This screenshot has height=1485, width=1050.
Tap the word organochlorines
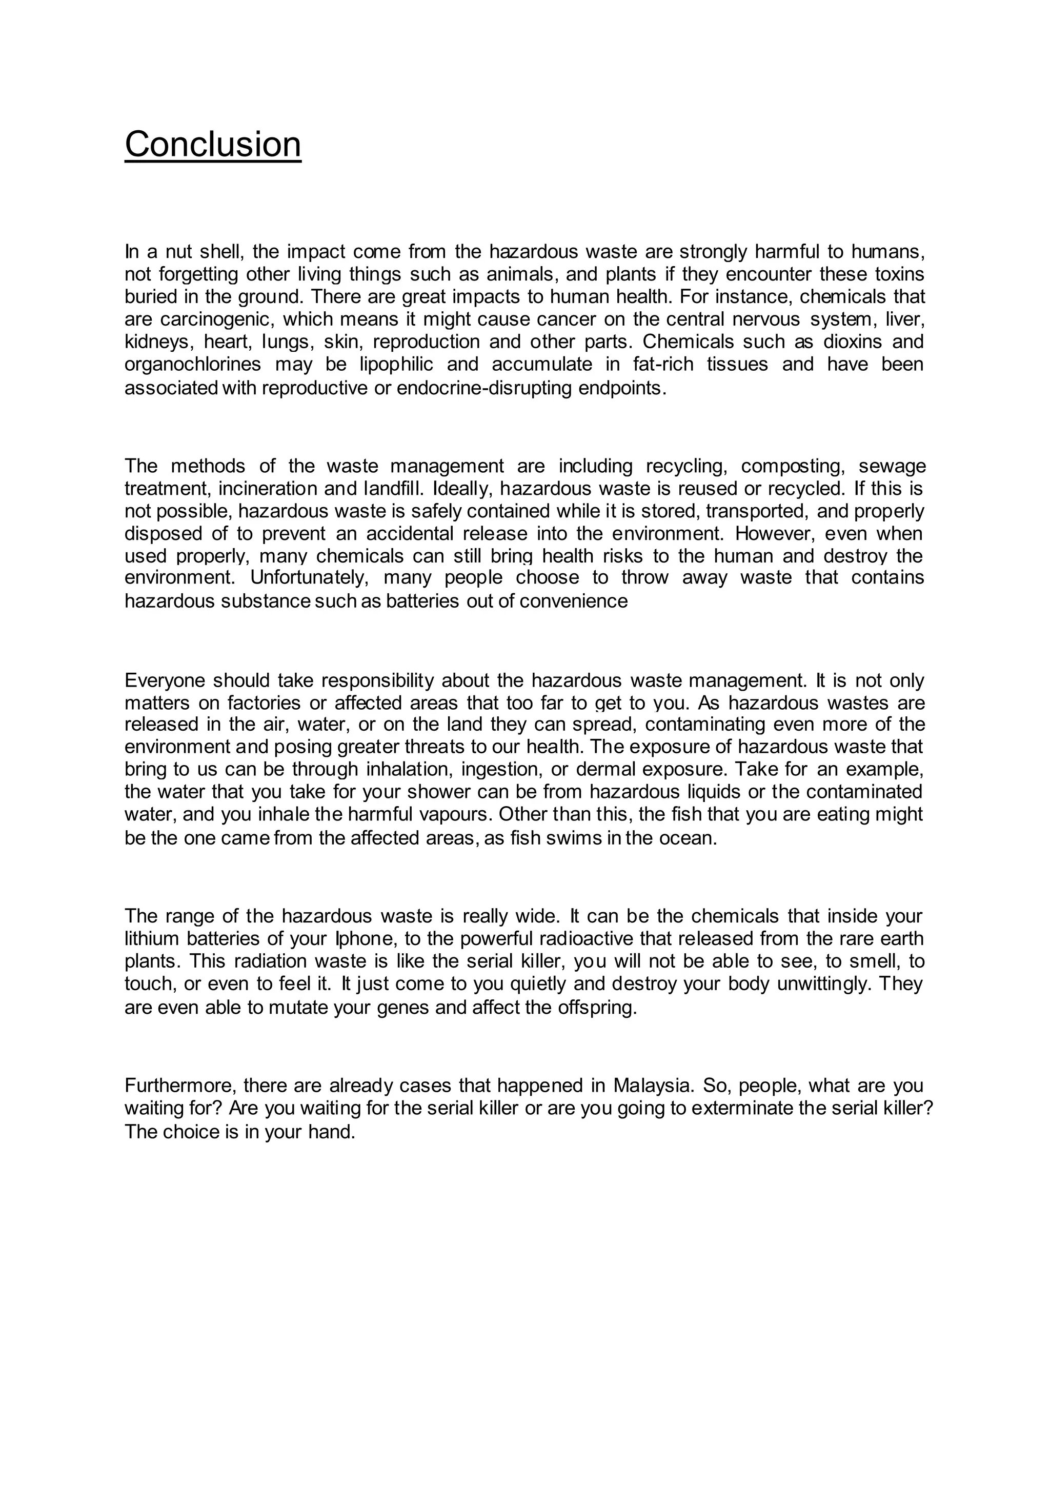tap(193, 365)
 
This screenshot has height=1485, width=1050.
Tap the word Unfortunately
tap(310, 577)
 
